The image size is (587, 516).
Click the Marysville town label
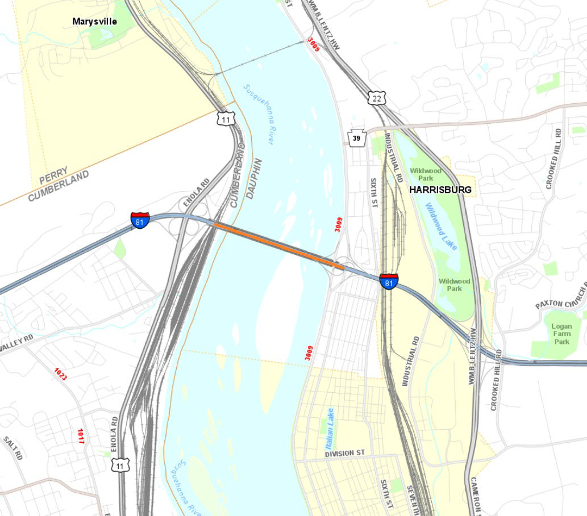pyautogui.click(x=94, y=22)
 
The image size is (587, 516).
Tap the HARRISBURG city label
pyautogui.click(x=442, y=190)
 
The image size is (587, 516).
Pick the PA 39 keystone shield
pyautogui.click(x=356, y=139)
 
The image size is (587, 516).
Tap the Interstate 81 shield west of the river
pyautogui.click(x=140, y=220)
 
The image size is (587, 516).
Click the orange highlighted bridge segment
pyautogui.click(x=278, y=245)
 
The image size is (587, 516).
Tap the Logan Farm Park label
pyautogui.click(x=562, y=334)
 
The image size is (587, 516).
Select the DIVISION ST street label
pyautogui.click(x=344, y=454)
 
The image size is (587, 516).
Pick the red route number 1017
pyautogui.click(x=80, y=436)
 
